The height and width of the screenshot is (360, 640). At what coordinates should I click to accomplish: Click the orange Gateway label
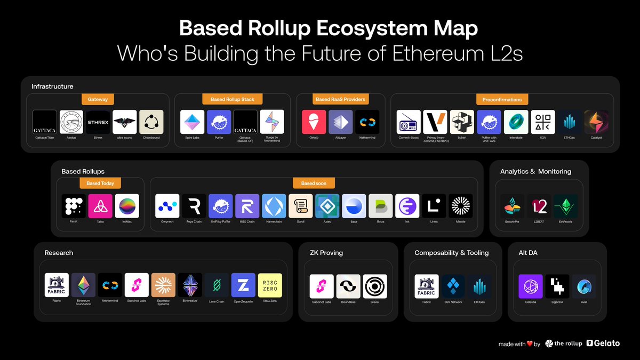click(98, 99)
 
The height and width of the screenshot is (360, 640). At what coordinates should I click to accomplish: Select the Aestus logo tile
click(71, 122)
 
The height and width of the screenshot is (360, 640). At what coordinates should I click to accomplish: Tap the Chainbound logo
click(151, 122)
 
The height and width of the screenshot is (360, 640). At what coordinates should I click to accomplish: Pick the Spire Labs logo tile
click(193, 122)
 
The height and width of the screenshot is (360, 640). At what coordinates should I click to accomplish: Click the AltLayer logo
click(341, 122)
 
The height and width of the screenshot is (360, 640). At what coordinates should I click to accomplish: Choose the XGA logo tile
click(543, 122)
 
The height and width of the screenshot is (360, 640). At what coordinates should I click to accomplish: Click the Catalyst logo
click(596, 122)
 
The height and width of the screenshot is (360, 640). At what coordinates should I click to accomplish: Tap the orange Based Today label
click(100, 183)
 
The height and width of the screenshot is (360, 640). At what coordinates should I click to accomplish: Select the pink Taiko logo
click(100, 206)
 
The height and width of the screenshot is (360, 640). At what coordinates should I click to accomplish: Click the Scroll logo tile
click(301, 206)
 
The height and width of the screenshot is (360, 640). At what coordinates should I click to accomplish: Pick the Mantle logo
click(461, 206)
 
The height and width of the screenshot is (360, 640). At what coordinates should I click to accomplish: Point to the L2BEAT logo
click(539, 206)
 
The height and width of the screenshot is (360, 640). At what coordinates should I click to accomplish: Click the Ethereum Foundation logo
click(83, 285)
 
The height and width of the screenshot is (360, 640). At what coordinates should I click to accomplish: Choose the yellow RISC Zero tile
click(270, 285)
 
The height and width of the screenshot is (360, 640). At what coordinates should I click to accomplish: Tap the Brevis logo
click(374, 286)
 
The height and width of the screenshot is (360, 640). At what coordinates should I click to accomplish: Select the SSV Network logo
click(453, 286)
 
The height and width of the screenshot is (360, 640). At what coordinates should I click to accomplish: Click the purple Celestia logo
click(531, 286)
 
